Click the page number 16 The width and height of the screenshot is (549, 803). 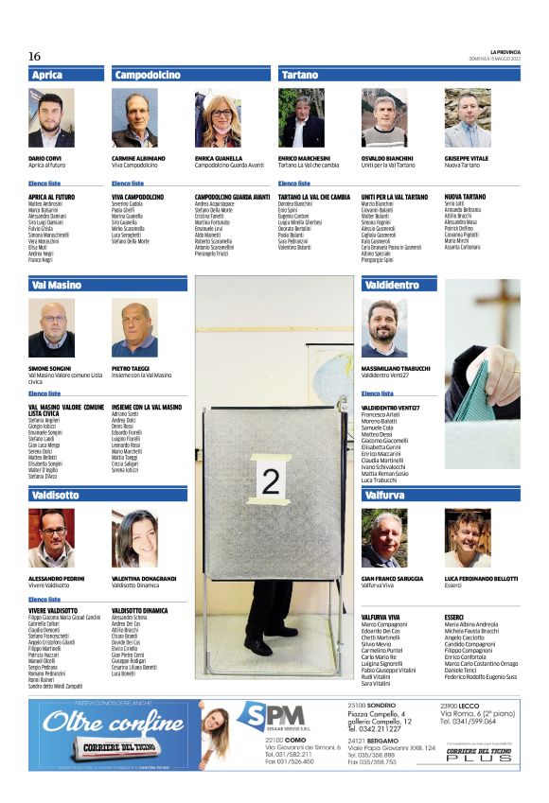[x=34, y=57]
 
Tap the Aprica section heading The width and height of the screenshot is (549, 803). [x=47, y=75]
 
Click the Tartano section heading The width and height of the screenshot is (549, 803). [x=300, y=75]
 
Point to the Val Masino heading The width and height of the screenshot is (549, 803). [x=57, y=285]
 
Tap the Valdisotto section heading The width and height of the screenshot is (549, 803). [x=55, y=495]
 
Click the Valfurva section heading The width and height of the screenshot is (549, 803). [x=384, y=495]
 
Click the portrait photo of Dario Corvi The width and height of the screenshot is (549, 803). [x=51, y=118]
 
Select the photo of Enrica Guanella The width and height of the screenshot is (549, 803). [x=218, y=118]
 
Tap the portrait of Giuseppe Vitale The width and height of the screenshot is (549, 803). [x=468, y=118]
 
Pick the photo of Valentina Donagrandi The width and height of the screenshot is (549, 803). [x=134, y=537]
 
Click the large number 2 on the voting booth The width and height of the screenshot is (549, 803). [x=271, y=482]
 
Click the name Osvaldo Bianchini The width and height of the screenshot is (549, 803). [x=388, y=158]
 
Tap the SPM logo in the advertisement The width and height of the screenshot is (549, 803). [x=270, y=720]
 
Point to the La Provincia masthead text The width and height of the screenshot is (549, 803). [x=505, y=52]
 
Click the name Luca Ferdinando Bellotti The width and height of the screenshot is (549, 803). [x=481, y=578]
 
